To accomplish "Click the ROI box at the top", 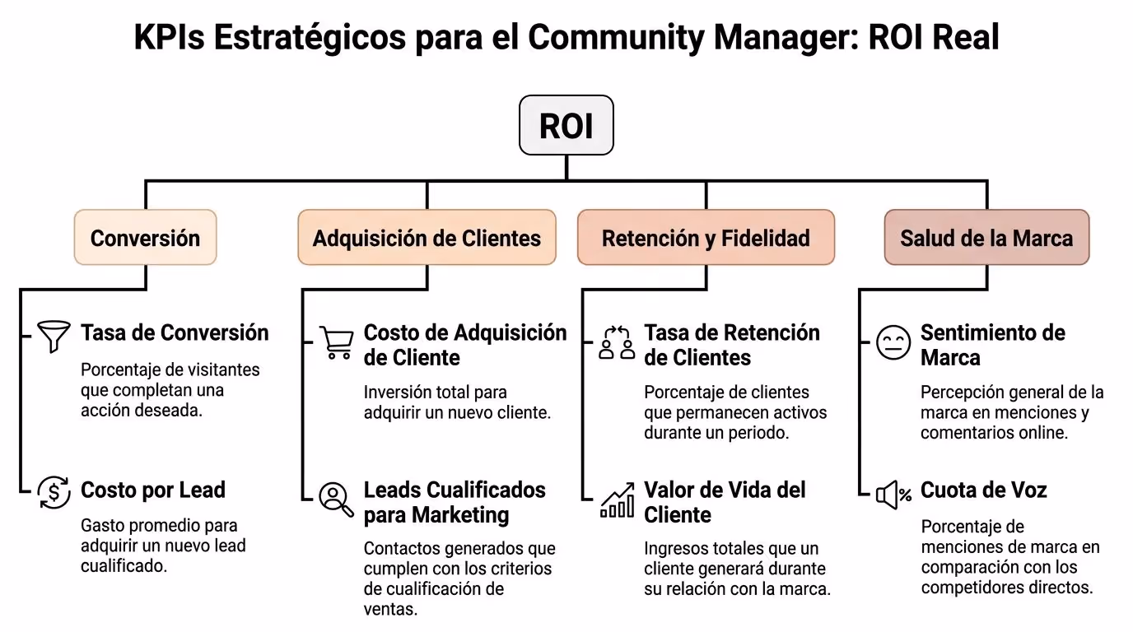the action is [566, 125].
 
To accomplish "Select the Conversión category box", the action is [145, 237].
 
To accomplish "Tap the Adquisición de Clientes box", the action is [427, 237].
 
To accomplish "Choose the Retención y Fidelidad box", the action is [706, 237].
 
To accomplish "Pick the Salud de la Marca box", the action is [986, 237].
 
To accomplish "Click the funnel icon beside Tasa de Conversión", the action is [54, 336].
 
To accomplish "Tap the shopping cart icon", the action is [337, 342].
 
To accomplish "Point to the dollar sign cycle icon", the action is [54, 492].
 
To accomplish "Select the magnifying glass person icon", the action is [336, 500].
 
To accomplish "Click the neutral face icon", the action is [893, 342].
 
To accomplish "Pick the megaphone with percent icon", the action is [893, 495].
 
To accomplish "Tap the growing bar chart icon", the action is [617, 500].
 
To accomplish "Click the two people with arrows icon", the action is [617, 342].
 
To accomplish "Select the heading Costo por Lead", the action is [153, 490].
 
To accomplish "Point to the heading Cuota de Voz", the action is [983, 490].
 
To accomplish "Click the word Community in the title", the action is [616, 37].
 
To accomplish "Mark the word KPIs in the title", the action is [169, 37].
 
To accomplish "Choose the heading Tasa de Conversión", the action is [175, 332].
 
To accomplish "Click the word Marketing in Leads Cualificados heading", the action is [459, 515].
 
